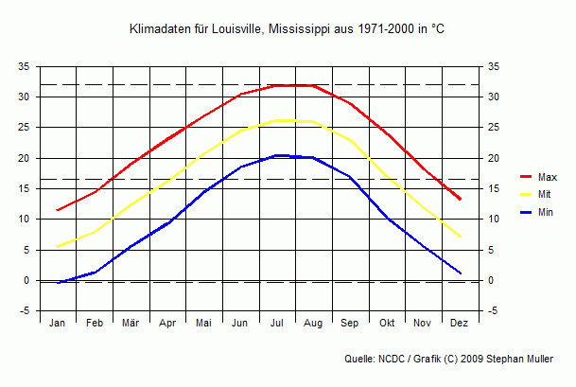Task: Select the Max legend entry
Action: coord(547,177)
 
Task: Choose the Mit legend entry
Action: coord(545,194)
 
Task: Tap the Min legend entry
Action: coord(546,212)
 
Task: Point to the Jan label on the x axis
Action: coord(58,324)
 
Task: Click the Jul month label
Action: coord(277,324)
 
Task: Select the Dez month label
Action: coord(460,324)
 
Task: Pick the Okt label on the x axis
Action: coord(387,324)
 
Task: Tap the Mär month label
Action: coord(131,324)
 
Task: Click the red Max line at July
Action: coord(277,85)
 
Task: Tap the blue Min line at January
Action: coord(59,282)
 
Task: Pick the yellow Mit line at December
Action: coord(460,237)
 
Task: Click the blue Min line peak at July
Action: coord(277,155)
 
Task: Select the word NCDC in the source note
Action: coord(390,360)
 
